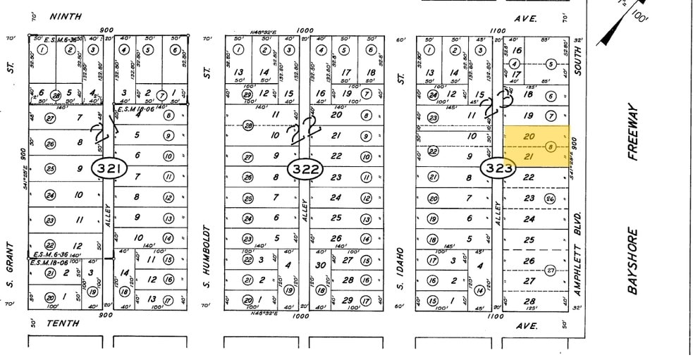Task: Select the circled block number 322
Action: click(x=305, y=168)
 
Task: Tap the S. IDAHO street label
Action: click(x=400, y=263)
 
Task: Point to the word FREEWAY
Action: click(x=632, y=132)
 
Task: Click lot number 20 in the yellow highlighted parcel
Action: click(x=530, y=135)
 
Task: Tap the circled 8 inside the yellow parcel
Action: click(x=551, y=146)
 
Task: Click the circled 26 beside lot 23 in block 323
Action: click(x=551, y=199)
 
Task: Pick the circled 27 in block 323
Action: click(x=551, y=269)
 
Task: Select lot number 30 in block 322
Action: click(x=321, y=265)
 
